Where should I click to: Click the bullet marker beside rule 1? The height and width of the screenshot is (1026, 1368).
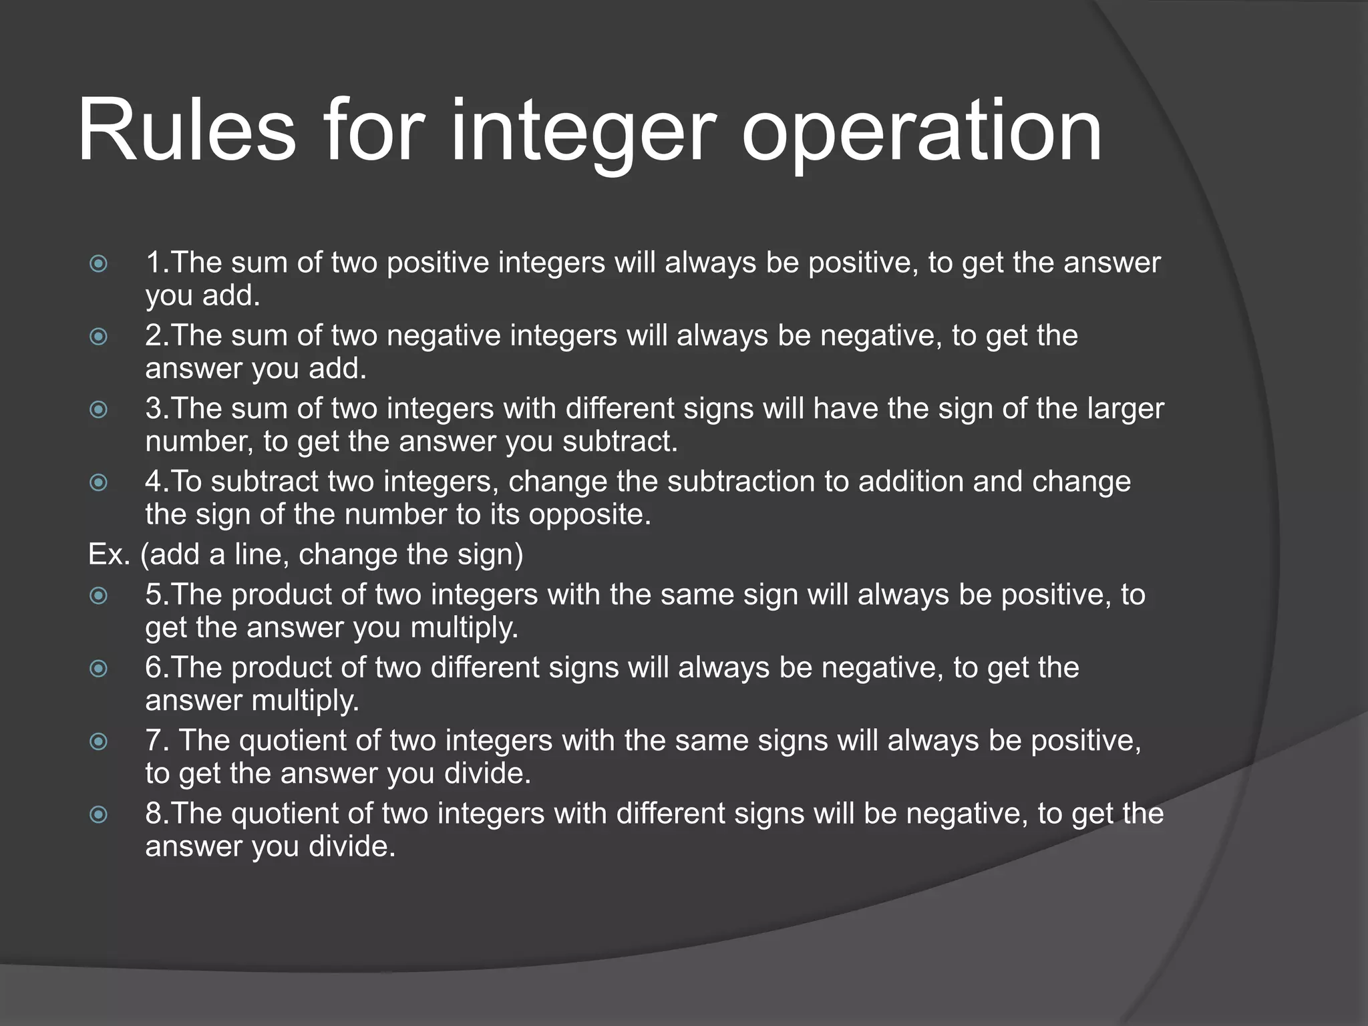click(x=98, y=263)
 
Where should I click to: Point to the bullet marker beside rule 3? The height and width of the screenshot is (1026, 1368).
click(x=98, y=409)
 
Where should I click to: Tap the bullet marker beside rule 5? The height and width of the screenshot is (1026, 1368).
click(x=98, y=594)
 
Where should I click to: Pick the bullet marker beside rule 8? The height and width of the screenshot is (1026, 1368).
click(x=98, y=814)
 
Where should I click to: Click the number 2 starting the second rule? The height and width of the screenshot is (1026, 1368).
click(x=153, y=335)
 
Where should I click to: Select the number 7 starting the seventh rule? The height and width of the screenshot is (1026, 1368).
click(x=153, y=740)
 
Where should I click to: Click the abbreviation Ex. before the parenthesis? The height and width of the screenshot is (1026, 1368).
click(x=109, y=554)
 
